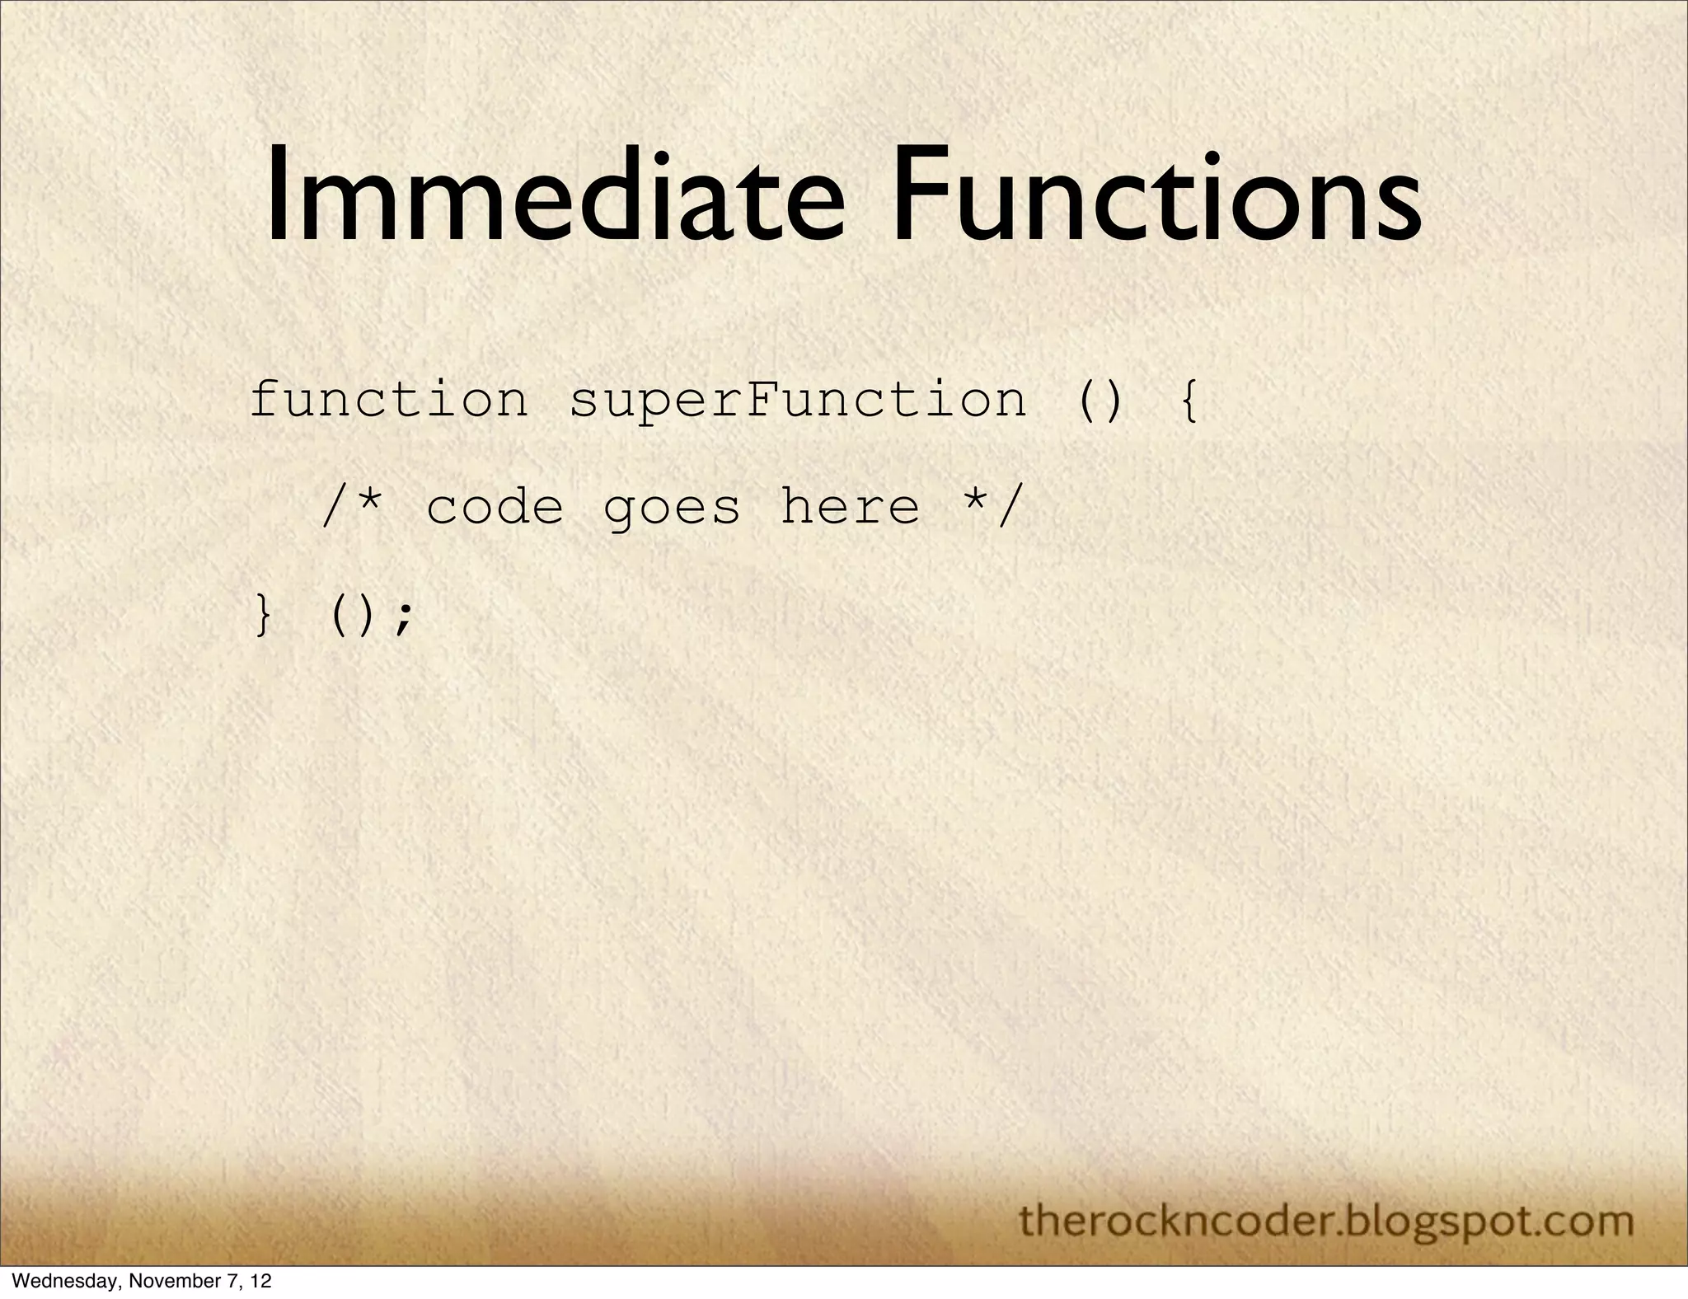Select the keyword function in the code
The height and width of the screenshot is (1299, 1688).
(388, 401)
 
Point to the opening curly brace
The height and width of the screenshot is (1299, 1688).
(1188, 401)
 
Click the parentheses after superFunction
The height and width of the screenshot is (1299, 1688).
(1100, 401)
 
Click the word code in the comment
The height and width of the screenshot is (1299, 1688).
(495, 508)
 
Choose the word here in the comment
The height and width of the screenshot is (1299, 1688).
(849, 506)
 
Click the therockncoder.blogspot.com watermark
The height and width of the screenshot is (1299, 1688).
(1326, 1220)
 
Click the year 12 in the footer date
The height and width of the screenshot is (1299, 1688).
(260, 1282)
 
